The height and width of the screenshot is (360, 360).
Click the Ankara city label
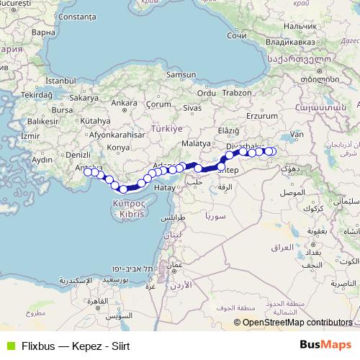click(x=124, y=103)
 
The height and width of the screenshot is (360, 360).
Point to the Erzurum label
click(x=262, y=115)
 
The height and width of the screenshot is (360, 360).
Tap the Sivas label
click(x=191, y=107)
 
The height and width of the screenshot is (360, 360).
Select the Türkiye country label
click(x=167, y=128)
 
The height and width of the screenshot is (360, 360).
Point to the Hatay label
click(x=165, y=187)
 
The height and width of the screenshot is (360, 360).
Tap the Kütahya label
click(x=94, y=121)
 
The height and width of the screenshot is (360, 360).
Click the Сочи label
click(x=236, y=35)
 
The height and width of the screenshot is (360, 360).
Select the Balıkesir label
click(x=42, y=122)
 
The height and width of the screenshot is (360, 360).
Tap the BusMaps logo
click(x=327, y=345)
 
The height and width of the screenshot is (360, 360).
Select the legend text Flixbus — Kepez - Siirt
click(x=76, y=346)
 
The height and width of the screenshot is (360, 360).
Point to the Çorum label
click(x=158, y=104)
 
